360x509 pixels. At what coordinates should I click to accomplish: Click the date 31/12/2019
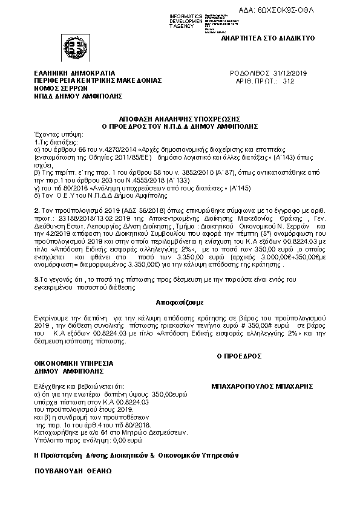pyautogui.click(x=290, y=73)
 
